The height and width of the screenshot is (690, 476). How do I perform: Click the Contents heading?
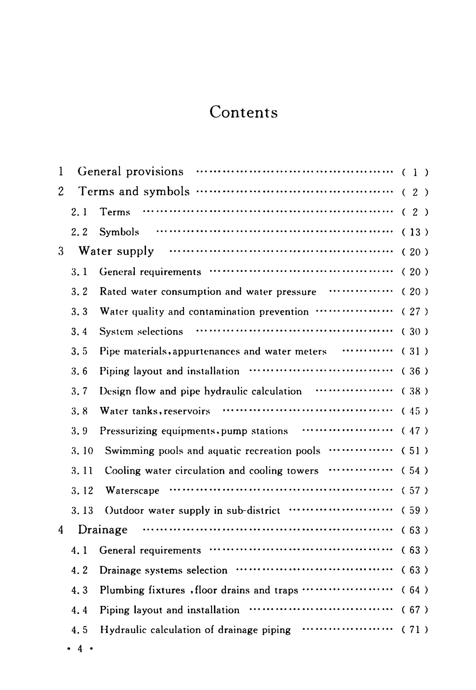243,112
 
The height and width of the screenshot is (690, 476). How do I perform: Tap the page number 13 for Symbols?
415,232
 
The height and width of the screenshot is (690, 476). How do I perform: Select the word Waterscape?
132,491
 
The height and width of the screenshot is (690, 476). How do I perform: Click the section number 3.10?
82,451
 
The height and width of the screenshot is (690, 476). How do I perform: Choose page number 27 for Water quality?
415,312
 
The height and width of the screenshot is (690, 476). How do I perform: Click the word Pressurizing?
128,431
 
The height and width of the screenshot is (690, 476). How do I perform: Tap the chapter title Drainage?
103,530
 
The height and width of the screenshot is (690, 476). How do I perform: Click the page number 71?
415,630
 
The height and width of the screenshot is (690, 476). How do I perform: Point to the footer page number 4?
80,649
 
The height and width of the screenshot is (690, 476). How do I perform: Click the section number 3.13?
82,511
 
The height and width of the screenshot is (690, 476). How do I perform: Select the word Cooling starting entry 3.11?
123,471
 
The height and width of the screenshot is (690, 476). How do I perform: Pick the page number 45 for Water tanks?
415,411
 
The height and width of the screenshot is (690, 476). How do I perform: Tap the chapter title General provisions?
131,172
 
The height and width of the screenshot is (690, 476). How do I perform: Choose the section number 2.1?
79,212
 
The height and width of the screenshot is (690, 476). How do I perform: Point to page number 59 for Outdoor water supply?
415,511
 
